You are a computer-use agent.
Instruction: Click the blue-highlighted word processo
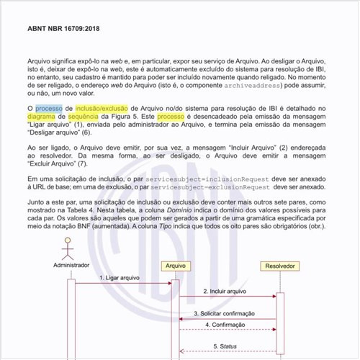pos(49,108)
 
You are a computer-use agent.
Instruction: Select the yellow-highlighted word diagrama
pos(42,116)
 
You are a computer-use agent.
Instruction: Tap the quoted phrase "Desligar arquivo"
pos(55,132)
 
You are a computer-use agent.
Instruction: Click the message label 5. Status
pos(225,346)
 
